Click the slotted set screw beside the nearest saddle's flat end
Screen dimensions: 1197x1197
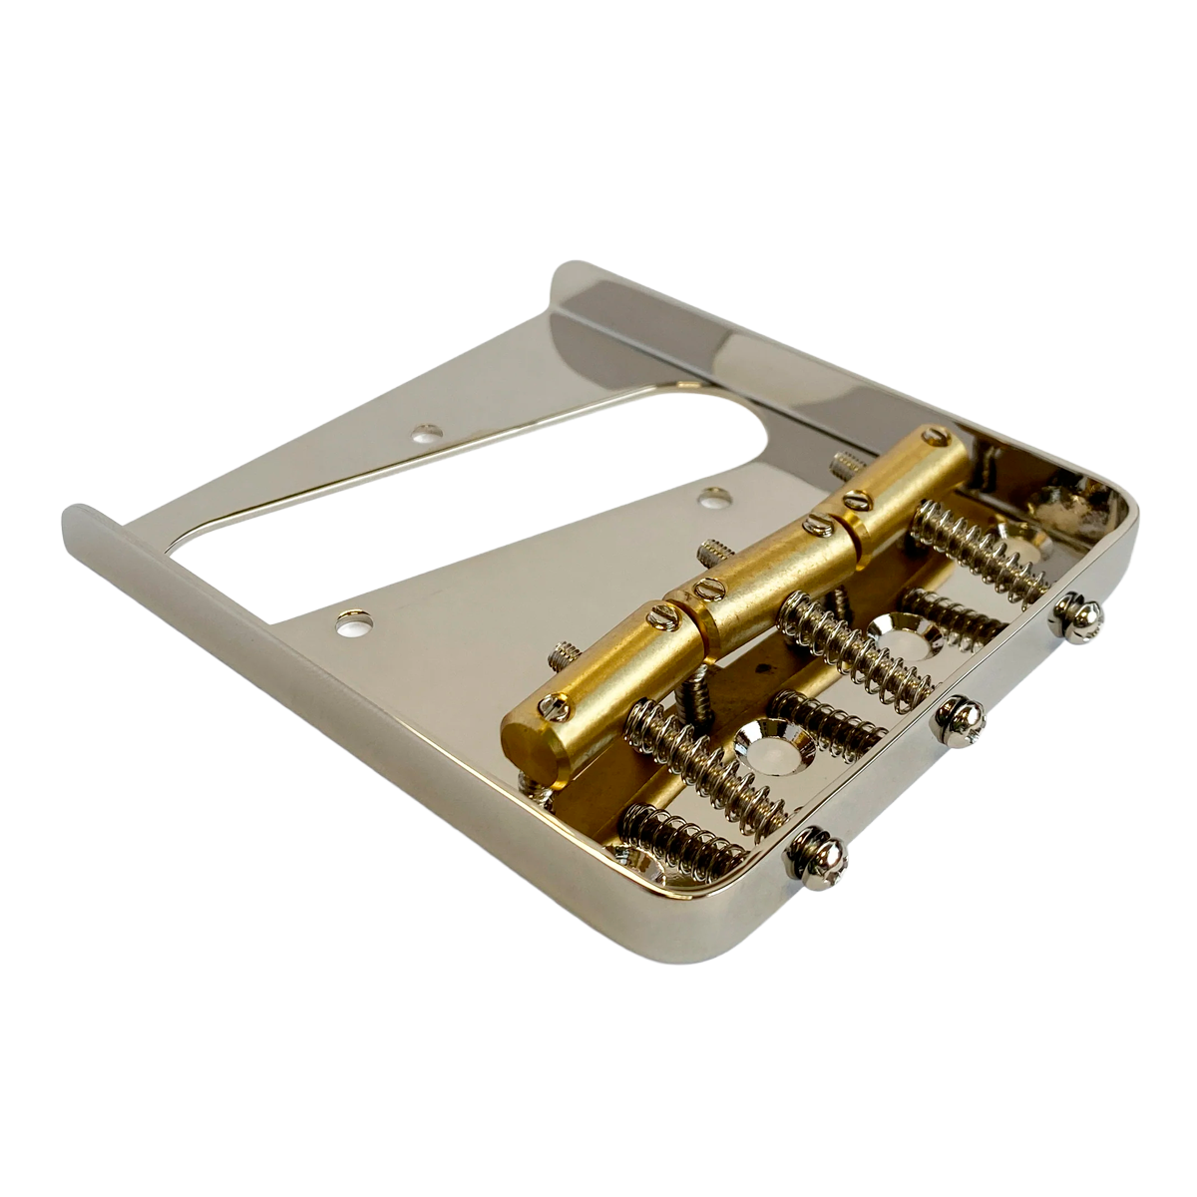(x=555, y=707)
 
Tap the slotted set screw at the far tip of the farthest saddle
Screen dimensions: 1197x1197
(x=936, y=435)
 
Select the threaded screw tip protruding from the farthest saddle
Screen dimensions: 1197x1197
(x=844, y=464)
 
